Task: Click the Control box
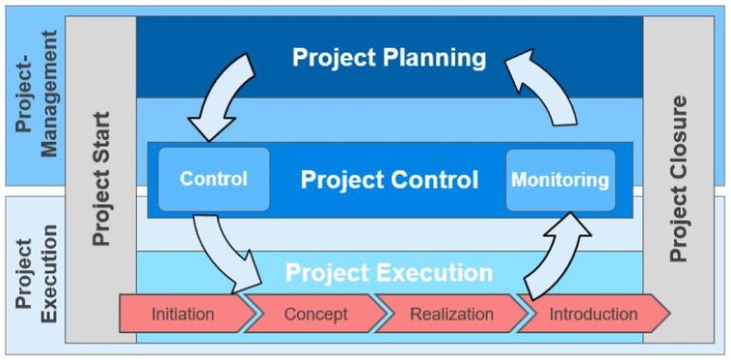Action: (213, 179)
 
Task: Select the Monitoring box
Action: (560, 179)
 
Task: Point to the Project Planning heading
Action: (388, 57)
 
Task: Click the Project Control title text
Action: (389, 180)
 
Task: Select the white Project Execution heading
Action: (389, 274)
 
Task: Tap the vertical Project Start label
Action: (101, 178)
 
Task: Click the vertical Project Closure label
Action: (679, 178)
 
